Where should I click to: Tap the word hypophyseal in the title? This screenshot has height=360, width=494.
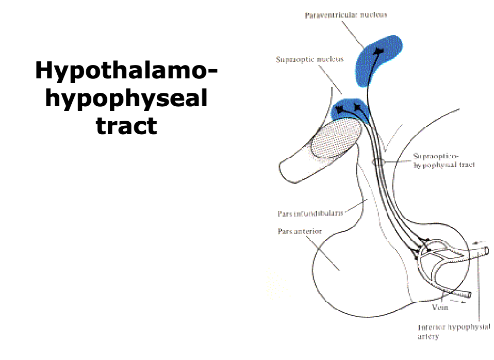click(126, 98)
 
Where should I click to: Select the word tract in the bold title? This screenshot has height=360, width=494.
click(126, 125)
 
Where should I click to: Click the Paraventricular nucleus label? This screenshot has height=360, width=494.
click(345, 15)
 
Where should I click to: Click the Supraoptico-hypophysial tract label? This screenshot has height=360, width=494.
click(443, 160)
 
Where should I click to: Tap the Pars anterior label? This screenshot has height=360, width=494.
click(300, 231)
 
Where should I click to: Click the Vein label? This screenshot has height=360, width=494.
click(440, 308)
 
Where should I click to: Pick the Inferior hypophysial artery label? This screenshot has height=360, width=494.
click(454, 332)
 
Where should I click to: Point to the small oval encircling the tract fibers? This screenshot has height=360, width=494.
click(378, 162)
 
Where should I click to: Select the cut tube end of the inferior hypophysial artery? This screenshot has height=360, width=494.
click(486, 252)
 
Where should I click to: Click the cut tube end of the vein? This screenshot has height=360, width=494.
click(467, 296)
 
